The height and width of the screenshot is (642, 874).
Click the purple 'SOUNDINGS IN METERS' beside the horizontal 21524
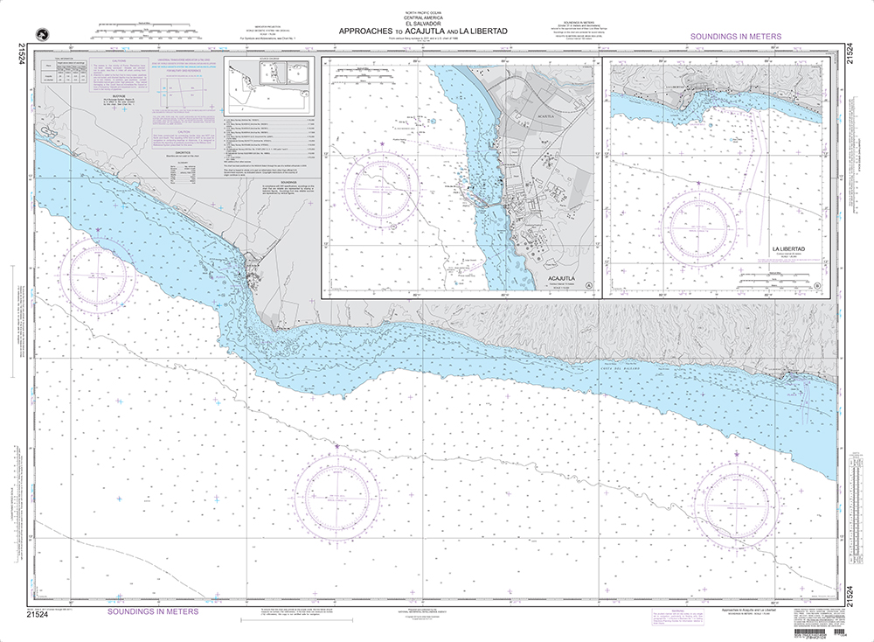point(152,612)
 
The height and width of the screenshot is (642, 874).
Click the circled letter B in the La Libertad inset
point(816,286)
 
